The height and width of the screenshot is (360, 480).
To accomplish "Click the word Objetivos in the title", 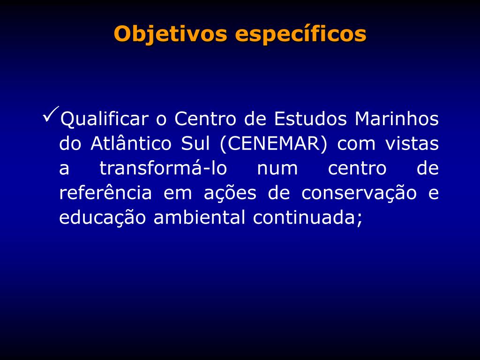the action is click(x=171, y=34).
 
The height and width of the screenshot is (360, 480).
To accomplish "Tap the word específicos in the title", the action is click(x=300, y=34).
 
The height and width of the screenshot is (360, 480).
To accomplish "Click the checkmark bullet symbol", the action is click(x=51, y=114).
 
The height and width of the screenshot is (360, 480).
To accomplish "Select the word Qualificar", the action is click(x=105, y=119).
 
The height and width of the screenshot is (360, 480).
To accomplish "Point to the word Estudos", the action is click(x=310, y=119).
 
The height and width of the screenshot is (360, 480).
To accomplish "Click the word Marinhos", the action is click(x=397, y=119).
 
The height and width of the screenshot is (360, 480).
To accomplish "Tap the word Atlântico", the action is click(x=131, y=143).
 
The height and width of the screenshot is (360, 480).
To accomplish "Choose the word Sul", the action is click(x=195, y=143).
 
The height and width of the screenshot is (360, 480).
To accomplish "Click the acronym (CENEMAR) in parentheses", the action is click(x=274, y=143).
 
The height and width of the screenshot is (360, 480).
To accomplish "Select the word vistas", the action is click(x=412, y=143).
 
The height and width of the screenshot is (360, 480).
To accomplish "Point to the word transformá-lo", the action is click(x=163, y=168).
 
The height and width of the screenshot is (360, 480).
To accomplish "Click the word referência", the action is click(x=105, y=193).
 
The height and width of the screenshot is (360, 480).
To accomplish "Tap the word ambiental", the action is click(x=199, y=217).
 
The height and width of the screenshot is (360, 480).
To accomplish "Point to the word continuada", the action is click(x=304, y=217).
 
